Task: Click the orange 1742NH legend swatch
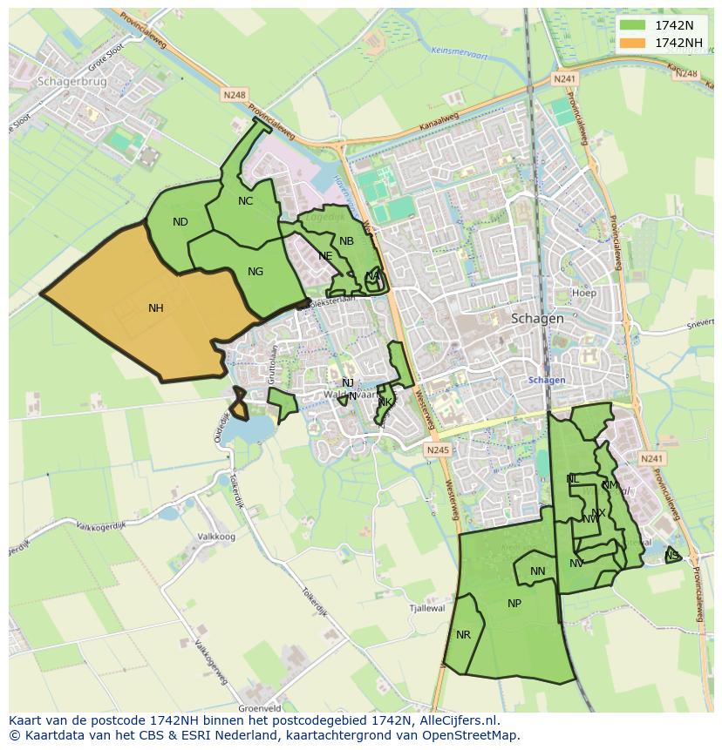click(x=634, y=43)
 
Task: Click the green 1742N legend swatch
click(x=634, y=25)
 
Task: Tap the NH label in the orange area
click(x=156, y=307)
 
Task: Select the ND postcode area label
click(x=180, y=222)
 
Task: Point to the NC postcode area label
click(x=245, y=201)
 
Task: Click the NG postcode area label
click(x=255, y=272)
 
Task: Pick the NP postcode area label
click(x=514, y=604)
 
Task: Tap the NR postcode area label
click(x=463, y=635)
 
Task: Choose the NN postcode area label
click(x=537, y=572)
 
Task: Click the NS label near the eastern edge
click(x=671, y=556)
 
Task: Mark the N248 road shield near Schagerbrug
click(x=234, y=94)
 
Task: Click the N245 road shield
click(x=438, y=449)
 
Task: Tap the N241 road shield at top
click(x=565, y=78)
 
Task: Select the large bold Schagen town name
click(x=537, y=318)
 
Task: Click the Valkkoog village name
click(x=216, y=537)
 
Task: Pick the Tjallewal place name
click(x=427, y=609)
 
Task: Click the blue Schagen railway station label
click(x=547, y=380)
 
